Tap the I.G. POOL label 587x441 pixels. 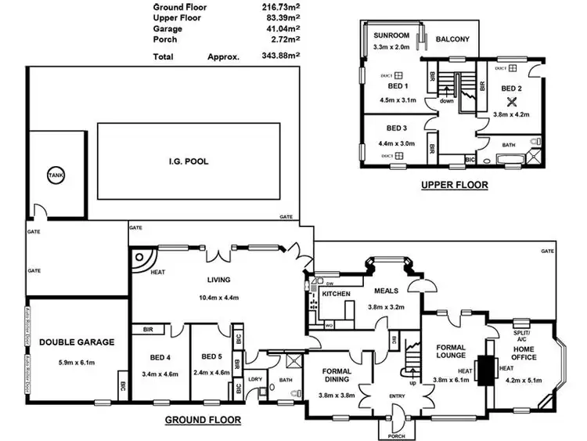188,161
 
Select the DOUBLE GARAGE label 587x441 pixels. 77,342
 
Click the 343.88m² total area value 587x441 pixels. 279,56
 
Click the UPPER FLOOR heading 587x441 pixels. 454,186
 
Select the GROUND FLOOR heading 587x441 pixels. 203,420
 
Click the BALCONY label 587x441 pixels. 452,39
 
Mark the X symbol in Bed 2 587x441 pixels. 512,101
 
